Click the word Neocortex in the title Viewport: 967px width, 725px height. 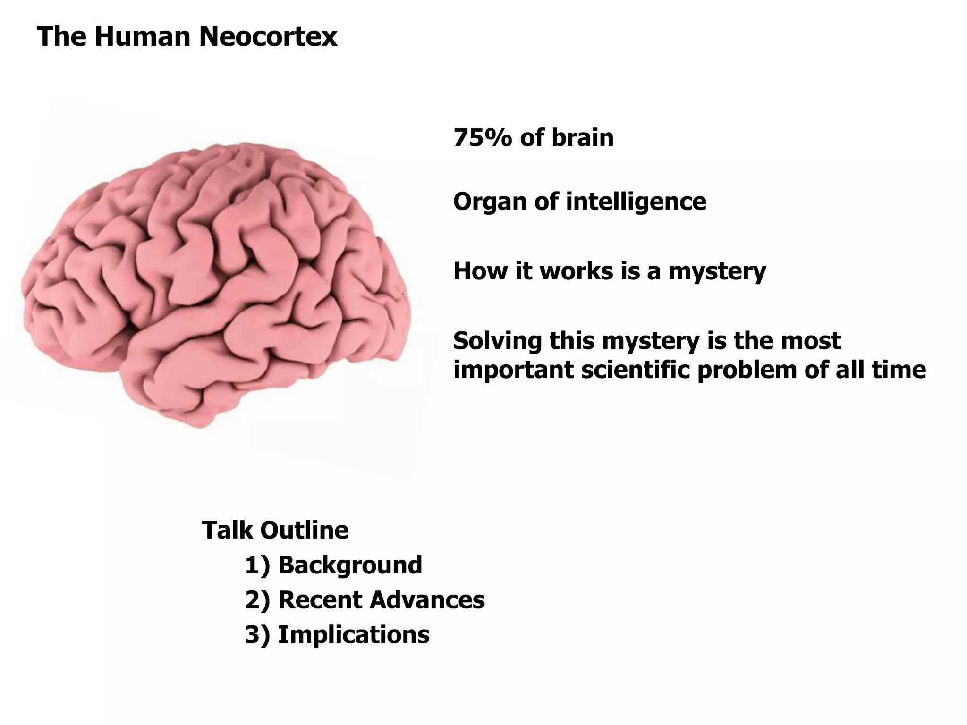point(268,36)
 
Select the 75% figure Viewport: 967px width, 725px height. point(483,138)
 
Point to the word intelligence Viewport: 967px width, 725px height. point(636,202)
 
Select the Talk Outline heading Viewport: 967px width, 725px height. point(275,530)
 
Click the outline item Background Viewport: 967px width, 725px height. point(350,565)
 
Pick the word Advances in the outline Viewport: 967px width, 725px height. point(427,600)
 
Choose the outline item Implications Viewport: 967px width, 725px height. point(354,635)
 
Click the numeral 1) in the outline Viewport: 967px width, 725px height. point(258,565)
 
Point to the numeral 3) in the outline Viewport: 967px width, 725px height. point(258,635)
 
